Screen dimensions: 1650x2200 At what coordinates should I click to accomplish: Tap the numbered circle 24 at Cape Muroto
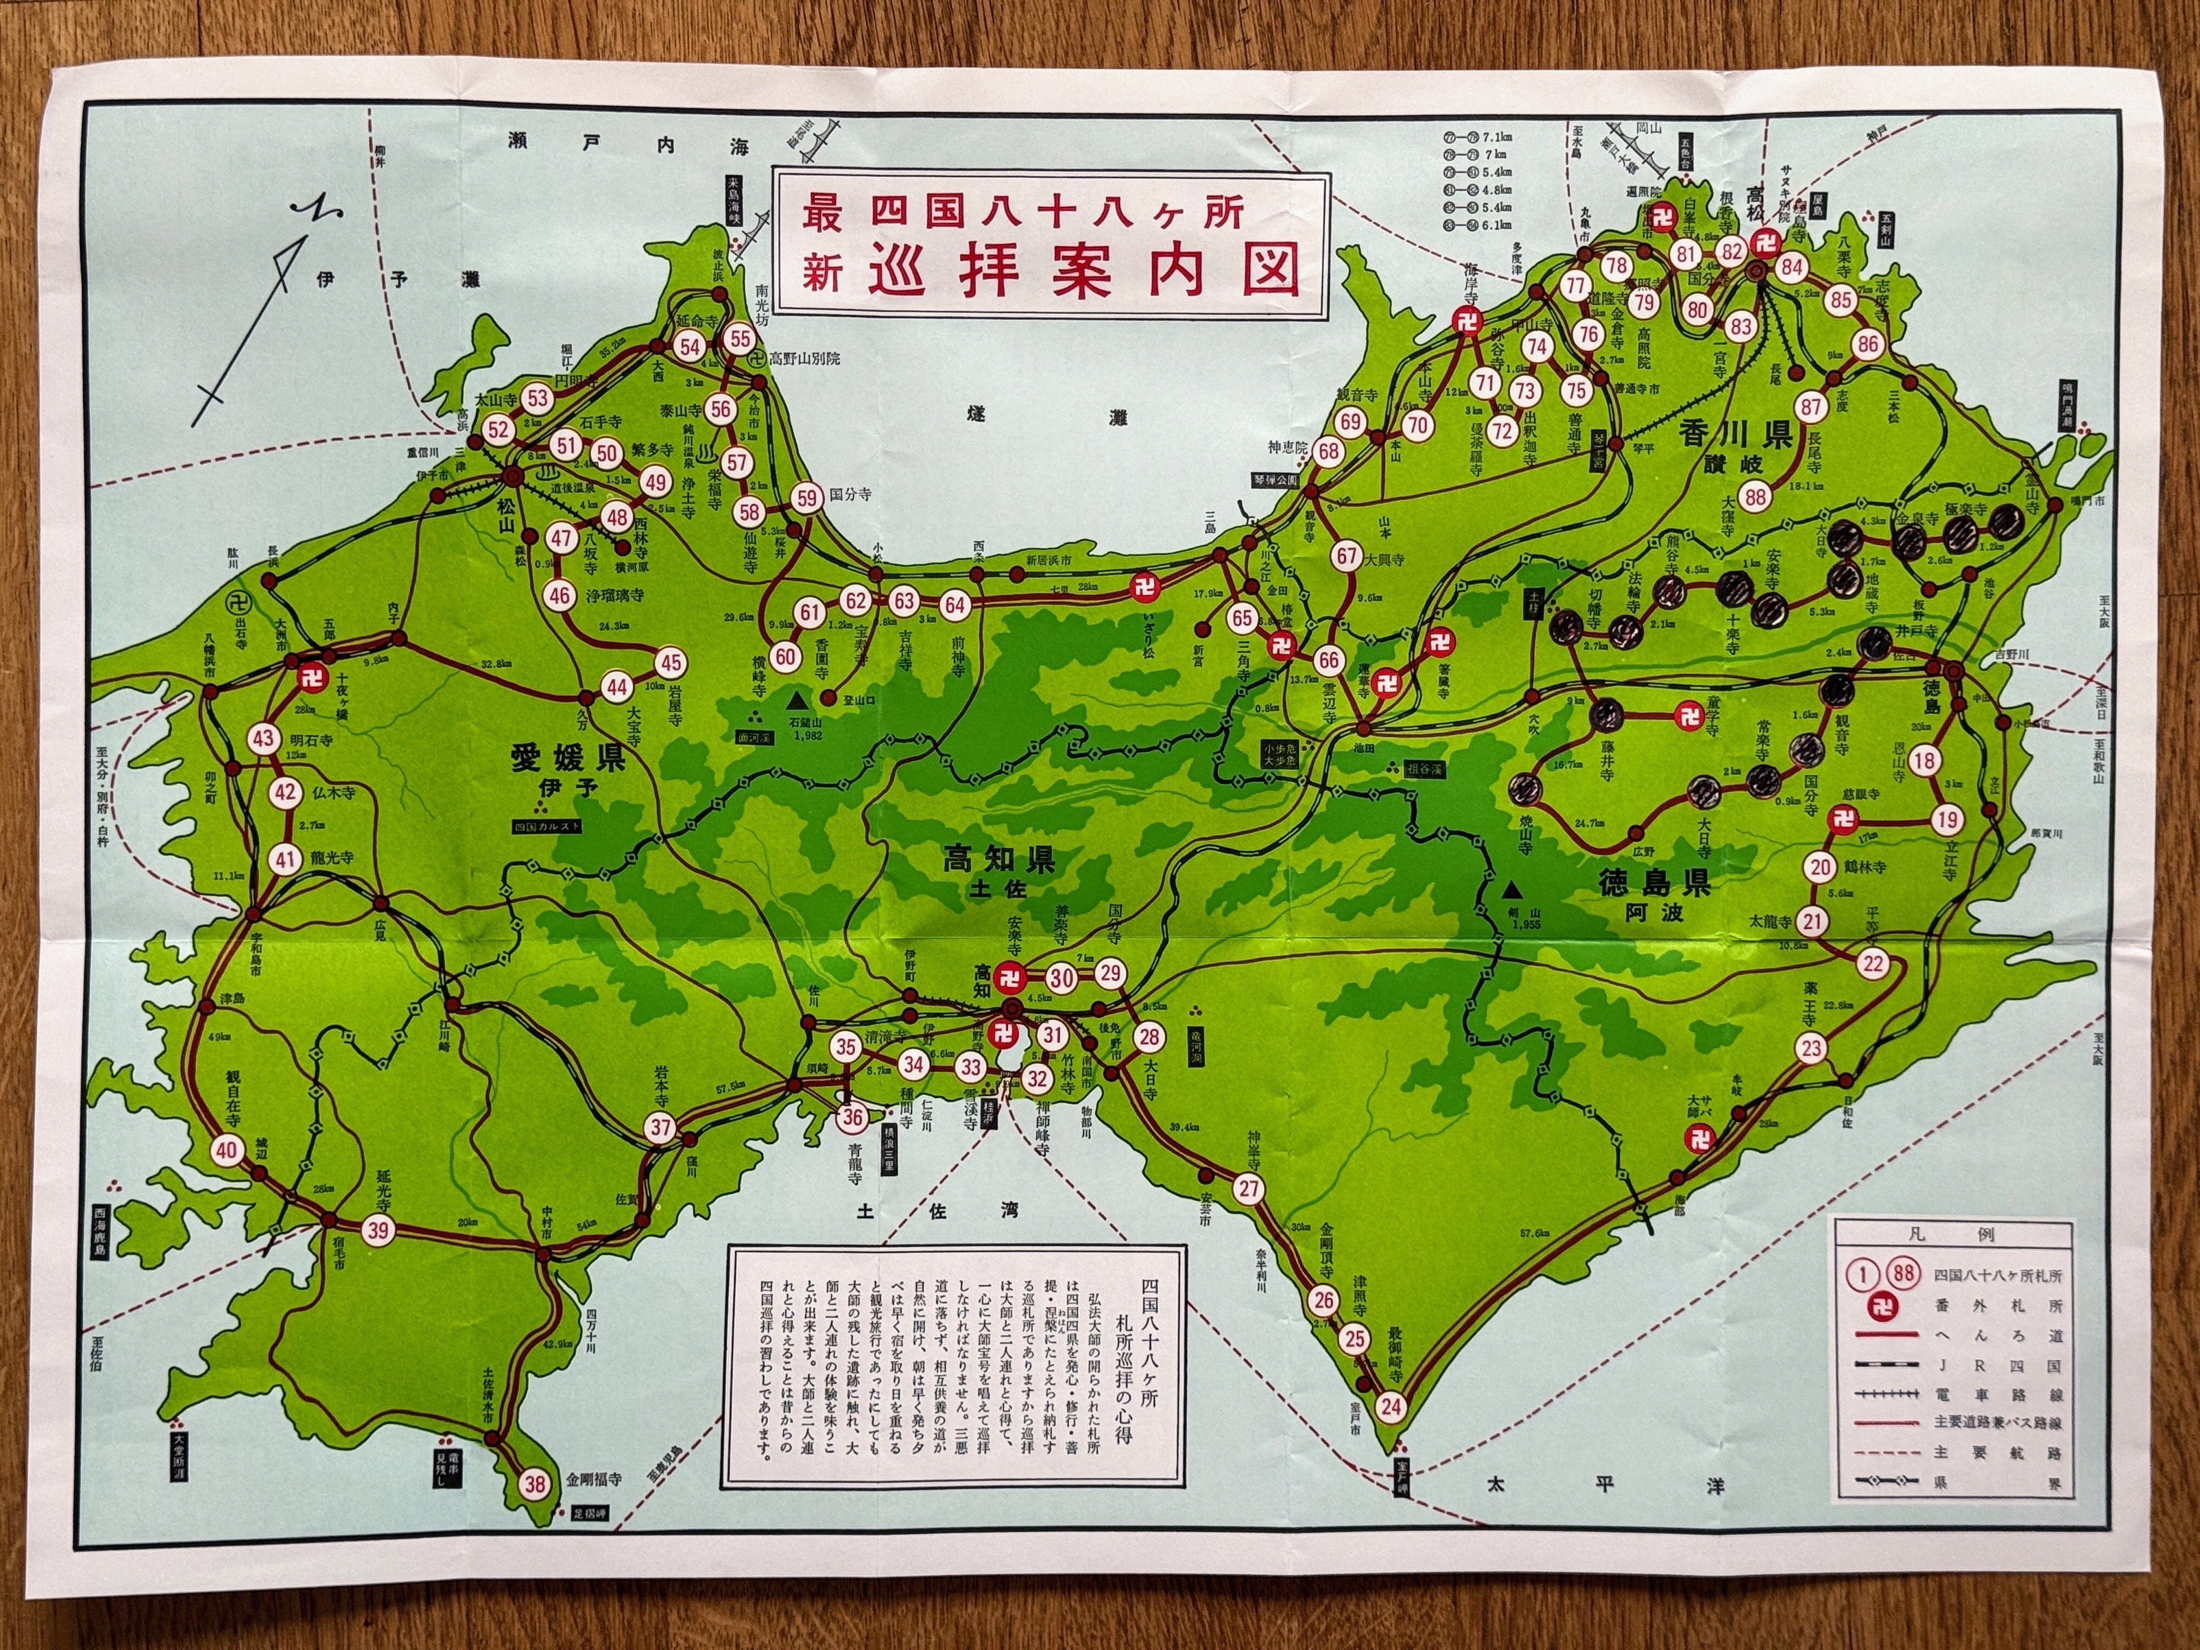click(1390, 1406)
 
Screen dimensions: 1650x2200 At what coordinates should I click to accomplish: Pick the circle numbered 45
click(671, 663)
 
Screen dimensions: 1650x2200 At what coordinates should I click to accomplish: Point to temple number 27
click(1248, 1187)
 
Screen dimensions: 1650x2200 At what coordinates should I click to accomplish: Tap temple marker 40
click(227, 1151)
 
